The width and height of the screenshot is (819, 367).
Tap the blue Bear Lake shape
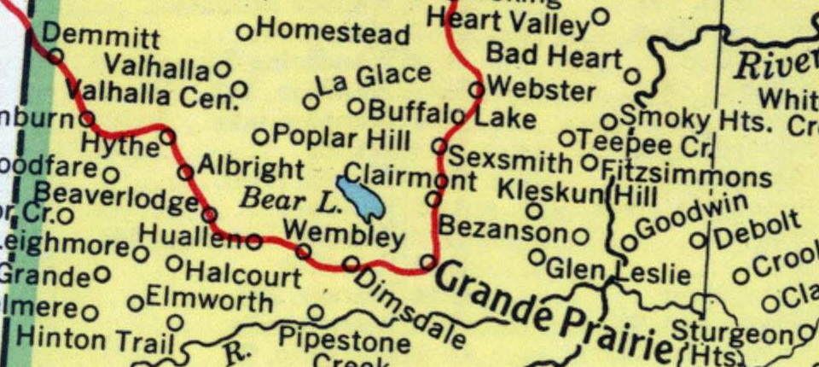coord(360,198)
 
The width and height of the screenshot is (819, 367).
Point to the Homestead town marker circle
coord(245,32)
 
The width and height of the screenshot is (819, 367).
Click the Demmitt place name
coord(100,37)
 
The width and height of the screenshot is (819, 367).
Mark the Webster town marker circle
coord(477,88)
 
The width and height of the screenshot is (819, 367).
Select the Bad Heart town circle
coord(631,76)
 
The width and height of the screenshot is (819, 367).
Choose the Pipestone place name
coord(344,341)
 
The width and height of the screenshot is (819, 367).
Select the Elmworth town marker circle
coord(135,303)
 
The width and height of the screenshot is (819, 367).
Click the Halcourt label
coord(243,276)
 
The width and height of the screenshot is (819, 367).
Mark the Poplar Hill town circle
coord(260,137)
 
